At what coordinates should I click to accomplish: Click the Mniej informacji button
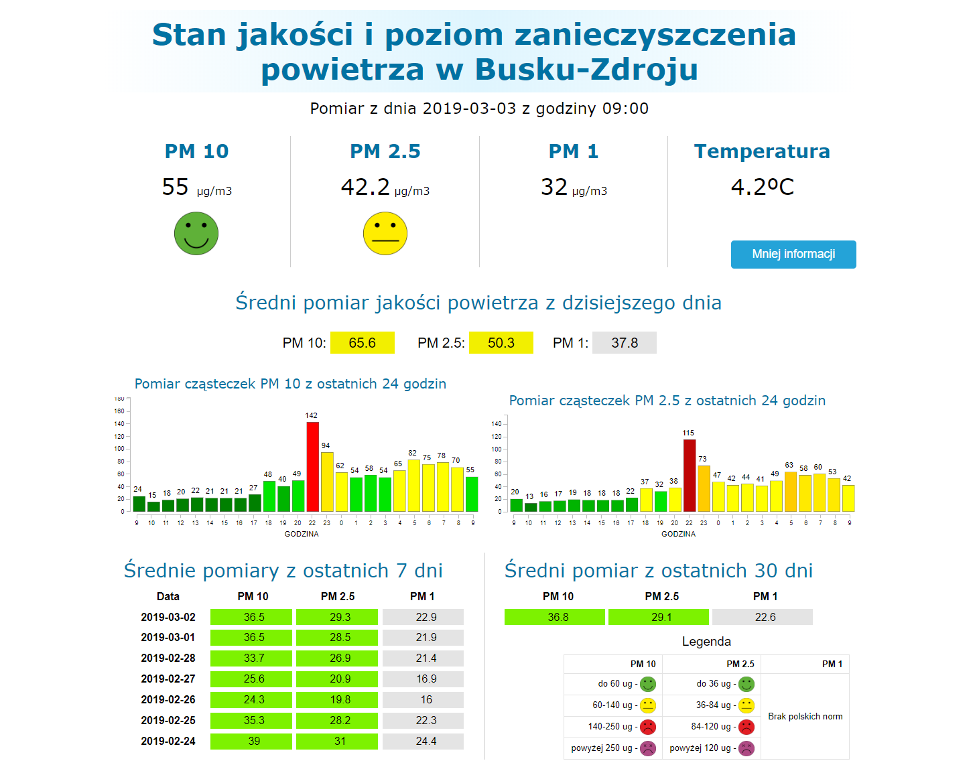[793, 255]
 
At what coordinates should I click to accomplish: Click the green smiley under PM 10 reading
[196, 234]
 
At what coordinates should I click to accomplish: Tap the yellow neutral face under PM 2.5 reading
[385, 234]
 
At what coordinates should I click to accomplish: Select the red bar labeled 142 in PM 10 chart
[312, 467]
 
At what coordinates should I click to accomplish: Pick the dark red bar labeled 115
[689, 476]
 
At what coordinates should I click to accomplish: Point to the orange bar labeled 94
[327, 482]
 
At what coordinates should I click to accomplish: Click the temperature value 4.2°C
[762, 187]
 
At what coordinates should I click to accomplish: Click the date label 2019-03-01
[168, 638]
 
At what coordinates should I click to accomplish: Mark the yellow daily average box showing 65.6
[363, 343]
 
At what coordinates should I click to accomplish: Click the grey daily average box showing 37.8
[625, 343]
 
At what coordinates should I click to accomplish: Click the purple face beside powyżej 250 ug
[648, 748]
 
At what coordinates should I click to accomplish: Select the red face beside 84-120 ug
[746, 727]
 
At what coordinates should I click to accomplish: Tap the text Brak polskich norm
[805, 717]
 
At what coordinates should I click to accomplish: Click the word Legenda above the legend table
[706, 642]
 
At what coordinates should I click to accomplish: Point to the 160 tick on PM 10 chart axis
[119, 411]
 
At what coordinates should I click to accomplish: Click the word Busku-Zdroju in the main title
[586, 70]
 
